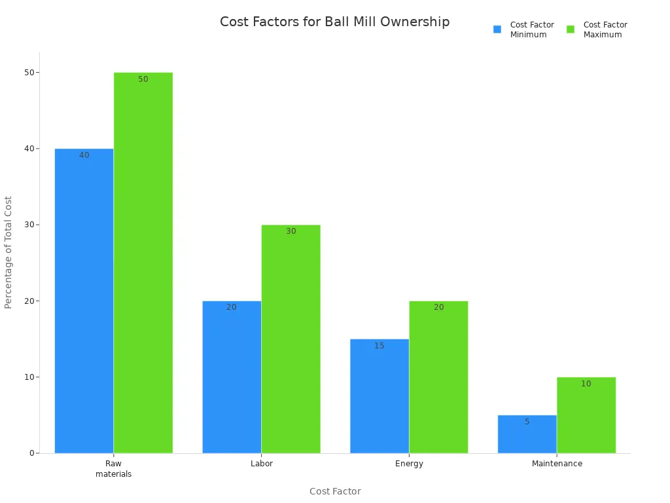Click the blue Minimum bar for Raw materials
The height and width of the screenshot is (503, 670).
tap(84, 301)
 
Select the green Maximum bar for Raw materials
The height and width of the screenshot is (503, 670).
tap(143, 262)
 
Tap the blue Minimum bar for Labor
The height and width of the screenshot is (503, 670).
tap(232, 377)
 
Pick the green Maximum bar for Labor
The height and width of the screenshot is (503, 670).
tap(291, 339)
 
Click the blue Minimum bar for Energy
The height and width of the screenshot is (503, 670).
tap(379, 396)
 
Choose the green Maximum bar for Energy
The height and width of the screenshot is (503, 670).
tap(438, 377)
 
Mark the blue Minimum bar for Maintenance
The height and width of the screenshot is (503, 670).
tap(527, 434)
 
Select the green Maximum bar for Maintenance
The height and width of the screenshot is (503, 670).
tap(586, 415)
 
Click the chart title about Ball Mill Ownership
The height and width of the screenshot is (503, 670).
tap(334, 22)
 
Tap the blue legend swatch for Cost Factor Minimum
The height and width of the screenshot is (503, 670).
tap(497, 29)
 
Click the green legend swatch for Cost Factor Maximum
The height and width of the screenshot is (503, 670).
tap(571, 29)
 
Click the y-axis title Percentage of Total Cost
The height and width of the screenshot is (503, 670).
tap(9, 252)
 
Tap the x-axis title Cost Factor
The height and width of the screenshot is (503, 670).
tap(335, 491)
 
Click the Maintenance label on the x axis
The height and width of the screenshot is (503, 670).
tap(557, 464)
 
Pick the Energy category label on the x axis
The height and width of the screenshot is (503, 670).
tap(409, 464)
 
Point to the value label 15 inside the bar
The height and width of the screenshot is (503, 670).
tap(379, 346)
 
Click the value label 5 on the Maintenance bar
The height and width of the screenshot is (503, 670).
tap(527, 422)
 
